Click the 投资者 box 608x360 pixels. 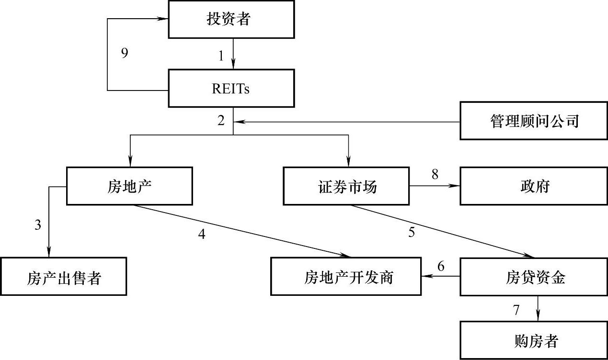tap(231, 20)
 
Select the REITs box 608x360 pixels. tap(231, 89)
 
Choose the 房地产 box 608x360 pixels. tap(129, 186)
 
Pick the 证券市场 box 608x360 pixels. tap(347, 186)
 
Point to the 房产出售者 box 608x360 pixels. tap(64, 276)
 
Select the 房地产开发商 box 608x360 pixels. tap(346, 276)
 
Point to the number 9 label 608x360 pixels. tap(125, 53)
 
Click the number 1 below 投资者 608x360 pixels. tap(221, 56)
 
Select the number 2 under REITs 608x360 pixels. tap(221, 121)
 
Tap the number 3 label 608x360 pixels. tap(38, 225)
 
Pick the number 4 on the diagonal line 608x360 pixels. tap(202, 234)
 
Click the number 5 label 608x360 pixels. tap(412, 232)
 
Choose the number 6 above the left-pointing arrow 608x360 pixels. tap(441, 266)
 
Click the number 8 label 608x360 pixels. tap(435, 174)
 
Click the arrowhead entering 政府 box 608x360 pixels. tap(456, 186)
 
